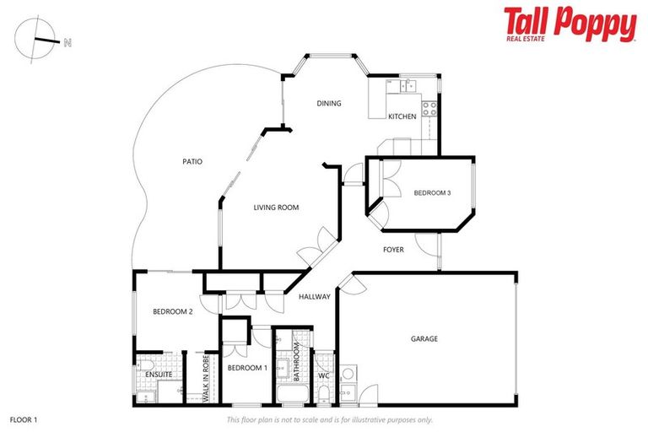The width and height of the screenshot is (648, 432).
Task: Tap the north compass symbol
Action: tap(39, 39)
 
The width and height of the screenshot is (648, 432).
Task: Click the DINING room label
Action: tap(328, 104)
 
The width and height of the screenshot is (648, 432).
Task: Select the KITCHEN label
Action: tap(402, 116)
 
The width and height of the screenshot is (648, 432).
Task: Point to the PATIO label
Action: tap(192, 161)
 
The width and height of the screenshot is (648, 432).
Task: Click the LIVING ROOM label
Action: tap(277, 207)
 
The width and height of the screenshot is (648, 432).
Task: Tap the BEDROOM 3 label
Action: tap(432, 193)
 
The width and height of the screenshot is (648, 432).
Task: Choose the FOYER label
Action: tap(393, 250)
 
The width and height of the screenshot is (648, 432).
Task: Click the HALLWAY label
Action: tap(314, 296)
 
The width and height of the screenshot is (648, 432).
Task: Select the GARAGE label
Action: tap(424, 339)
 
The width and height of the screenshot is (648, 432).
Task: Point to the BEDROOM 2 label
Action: tap(173, 311)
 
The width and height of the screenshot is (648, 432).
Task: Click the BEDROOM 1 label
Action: tap(247, 369)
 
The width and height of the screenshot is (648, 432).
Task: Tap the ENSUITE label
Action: tap(159, 374)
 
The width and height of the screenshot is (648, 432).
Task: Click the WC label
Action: tap(324, 375)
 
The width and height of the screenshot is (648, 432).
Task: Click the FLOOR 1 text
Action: tap(24, 418)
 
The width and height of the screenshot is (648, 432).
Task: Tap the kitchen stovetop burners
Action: tap(429, 107)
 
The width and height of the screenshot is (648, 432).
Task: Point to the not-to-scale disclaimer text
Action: tap(330, 419)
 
